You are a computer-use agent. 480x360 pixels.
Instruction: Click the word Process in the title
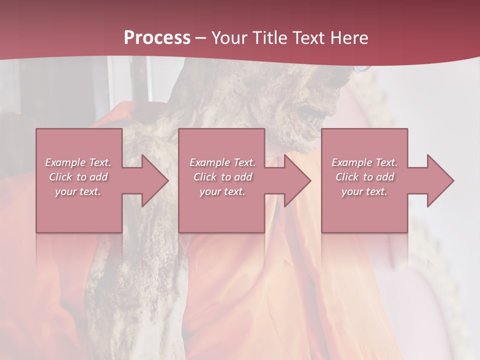point(157,38)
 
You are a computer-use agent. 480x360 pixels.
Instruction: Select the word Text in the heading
point(309,38)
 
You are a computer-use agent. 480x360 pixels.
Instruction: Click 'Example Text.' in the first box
point(78,162)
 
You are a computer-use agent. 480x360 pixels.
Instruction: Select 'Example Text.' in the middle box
point(222,162)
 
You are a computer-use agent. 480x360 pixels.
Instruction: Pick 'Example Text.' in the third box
point(364,162)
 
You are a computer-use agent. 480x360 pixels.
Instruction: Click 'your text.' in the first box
point(78,191)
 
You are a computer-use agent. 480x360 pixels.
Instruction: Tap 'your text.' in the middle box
point(222,191)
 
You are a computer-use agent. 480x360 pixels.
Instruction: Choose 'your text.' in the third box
point(364,191)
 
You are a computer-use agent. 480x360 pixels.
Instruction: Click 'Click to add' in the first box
point(78,177)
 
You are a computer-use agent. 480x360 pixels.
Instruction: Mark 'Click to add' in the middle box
point(222,177)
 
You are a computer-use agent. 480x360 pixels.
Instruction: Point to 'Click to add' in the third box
point(364,177)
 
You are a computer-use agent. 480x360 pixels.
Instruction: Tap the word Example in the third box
point(352,162)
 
